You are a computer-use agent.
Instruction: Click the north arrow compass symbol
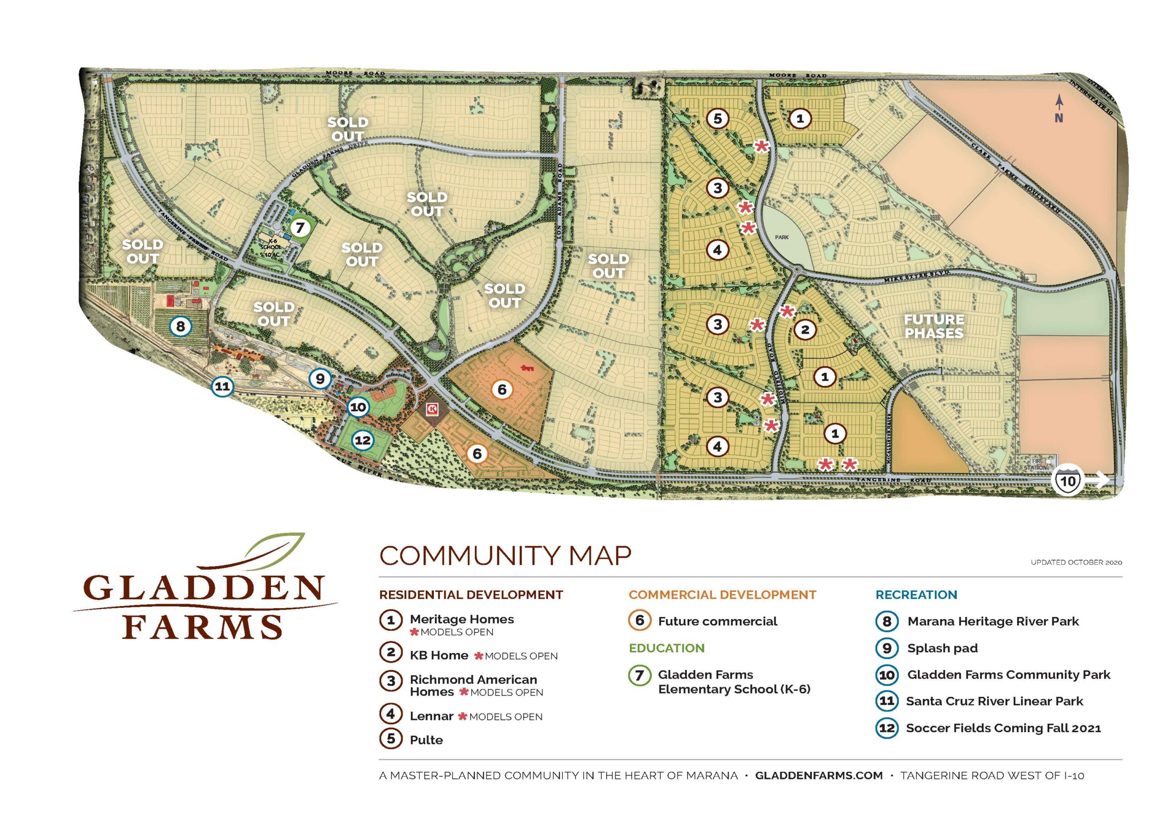click(1059, 109)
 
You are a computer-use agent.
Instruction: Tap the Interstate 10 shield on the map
click(1068, 479)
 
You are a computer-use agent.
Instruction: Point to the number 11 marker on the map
click(222, 387)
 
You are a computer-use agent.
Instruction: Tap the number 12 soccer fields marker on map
click(362, 440)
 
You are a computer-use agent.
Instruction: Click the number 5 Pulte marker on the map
click(717, 118)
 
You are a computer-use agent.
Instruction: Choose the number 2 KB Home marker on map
click(805, 330)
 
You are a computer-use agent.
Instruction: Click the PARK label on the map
click(782, 237)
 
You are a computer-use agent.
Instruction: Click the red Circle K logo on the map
click(432, 409)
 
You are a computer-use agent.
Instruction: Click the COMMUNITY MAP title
click(505, 556)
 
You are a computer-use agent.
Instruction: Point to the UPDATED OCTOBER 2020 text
click(1076, 562)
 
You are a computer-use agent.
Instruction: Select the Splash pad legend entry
click(942, 648)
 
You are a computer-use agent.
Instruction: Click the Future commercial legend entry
click(717, 621)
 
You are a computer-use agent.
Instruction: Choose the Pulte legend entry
click(426, 740)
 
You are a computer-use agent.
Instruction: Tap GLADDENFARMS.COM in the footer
click(818, 775)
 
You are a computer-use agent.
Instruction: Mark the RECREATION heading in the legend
click(916, 595)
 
